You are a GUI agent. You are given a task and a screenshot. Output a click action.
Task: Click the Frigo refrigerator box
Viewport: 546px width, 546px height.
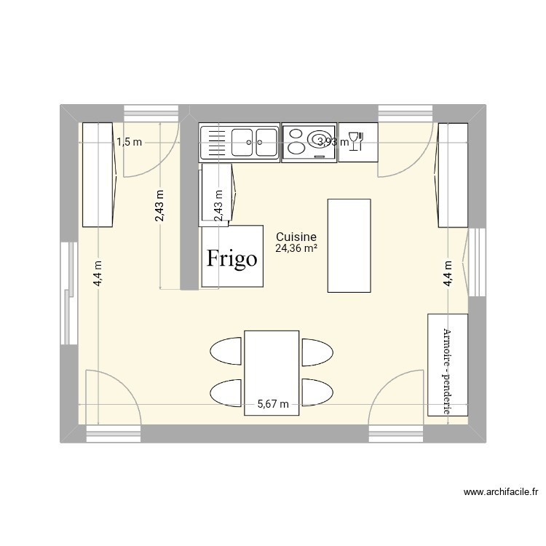pyautogui.click(x=232, y=256)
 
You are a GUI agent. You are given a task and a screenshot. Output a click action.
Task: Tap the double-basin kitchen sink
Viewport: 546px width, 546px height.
pyautogui.click(x=240, y=141)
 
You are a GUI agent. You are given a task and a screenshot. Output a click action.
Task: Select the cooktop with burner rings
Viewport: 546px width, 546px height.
pyautogui.click(x=309, y=141)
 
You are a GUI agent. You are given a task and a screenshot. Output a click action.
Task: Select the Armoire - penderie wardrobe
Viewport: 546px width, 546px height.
pyautogui.click(x=447, y=365)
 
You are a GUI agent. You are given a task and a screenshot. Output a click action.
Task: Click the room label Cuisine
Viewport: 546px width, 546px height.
pyautogui.click(x=296, y=237)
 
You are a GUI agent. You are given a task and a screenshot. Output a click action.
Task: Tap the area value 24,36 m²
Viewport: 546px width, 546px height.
pyautogui.click(x=296, y=248)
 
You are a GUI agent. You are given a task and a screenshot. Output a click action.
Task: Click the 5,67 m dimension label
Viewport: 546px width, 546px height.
pyautogui.click(x=273, y=405)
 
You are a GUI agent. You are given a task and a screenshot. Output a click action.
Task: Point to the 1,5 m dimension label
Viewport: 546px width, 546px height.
pyautogui.click(x=129, y=142)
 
